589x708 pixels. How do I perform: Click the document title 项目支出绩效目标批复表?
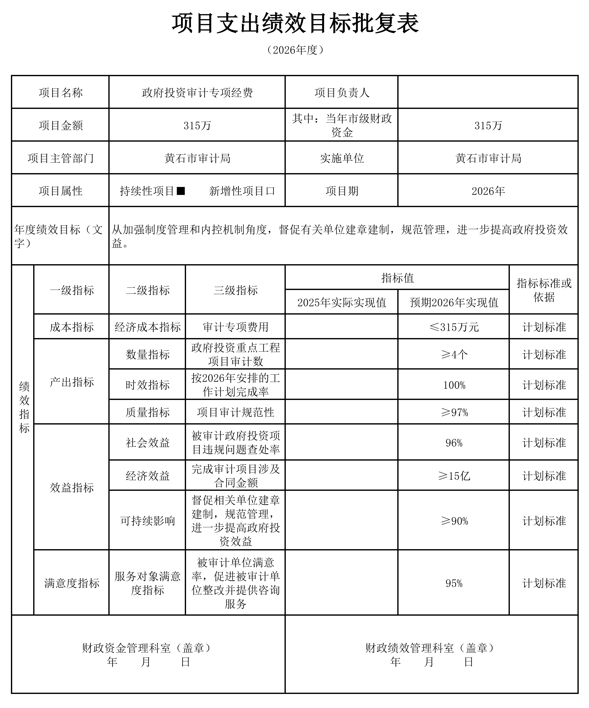tap(295, 24)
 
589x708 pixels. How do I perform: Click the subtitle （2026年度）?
tap(295, 50)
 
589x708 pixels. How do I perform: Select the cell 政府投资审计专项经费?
tap(197, 92)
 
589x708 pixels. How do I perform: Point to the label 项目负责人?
tap(342, 92)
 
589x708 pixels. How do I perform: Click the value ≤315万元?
tap(454, 327)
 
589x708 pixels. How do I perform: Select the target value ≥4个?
tap(454, 354)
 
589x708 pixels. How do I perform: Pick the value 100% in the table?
tap(454, 385)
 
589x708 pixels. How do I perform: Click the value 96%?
tap(454, 443)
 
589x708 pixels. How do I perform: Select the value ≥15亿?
tap(454, 476)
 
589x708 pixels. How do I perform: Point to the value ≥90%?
tap(454, 521)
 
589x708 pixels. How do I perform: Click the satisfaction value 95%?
tap(454, 583)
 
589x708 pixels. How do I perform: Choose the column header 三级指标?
tap(235, 290)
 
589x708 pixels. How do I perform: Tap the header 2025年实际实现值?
tap(342, 302)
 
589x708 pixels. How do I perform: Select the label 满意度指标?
tap(72, 583)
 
